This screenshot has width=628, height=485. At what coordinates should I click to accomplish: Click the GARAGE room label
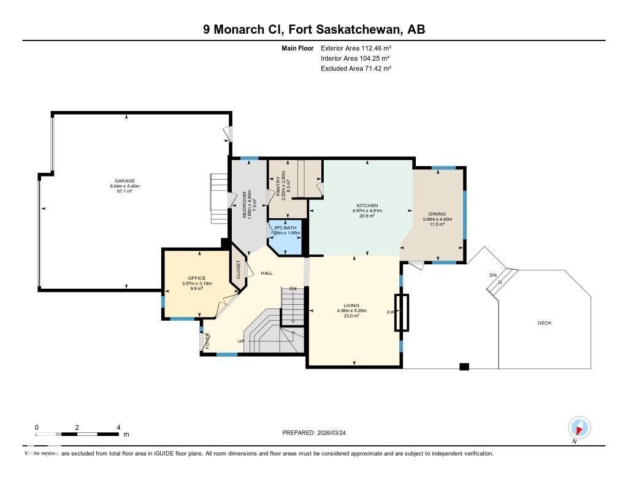click(125, 181)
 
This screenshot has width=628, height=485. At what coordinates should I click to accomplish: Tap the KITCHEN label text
click(367, 205)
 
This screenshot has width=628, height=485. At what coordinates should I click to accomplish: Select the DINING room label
click(437, 214)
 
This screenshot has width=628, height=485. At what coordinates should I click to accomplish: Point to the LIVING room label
click(351, 305)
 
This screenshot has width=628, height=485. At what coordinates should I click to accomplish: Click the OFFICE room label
click(197, 278)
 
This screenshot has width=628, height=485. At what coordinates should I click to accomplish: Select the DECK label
click(544, 323)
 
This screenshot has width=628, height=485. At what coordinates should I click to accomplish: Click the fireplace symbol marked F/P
click(402, 313)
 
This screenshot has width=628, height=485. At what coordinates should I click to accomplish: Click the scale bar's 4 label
click(118, 427)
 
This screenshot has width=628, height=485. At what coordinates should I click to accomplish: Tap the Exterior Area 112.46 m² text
click(356, 48)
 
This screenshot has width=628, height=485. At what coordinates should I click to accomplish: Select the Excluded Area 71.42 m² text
click(356, 69)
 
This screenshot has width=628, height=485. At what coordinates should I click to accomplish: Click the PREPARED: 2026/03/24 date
click(318, 433)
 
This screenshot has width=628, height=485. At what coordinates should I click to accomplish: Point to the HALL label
click(267, 273)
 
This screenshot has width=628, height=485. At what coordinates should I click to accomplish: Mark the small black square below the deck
click(464, 367)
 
